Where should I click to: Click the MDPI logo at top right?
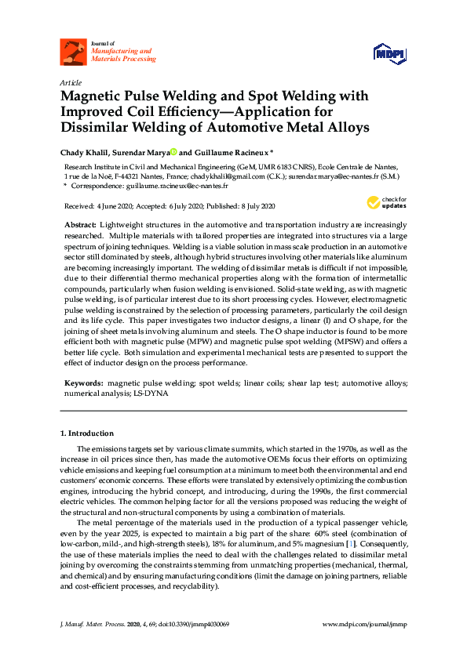[389, 53]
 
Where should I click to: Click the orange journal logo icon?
[73, 53]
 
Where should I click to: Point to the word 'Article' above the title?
[69, 82]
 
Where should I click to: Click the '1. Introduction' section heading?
[86, 433]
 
